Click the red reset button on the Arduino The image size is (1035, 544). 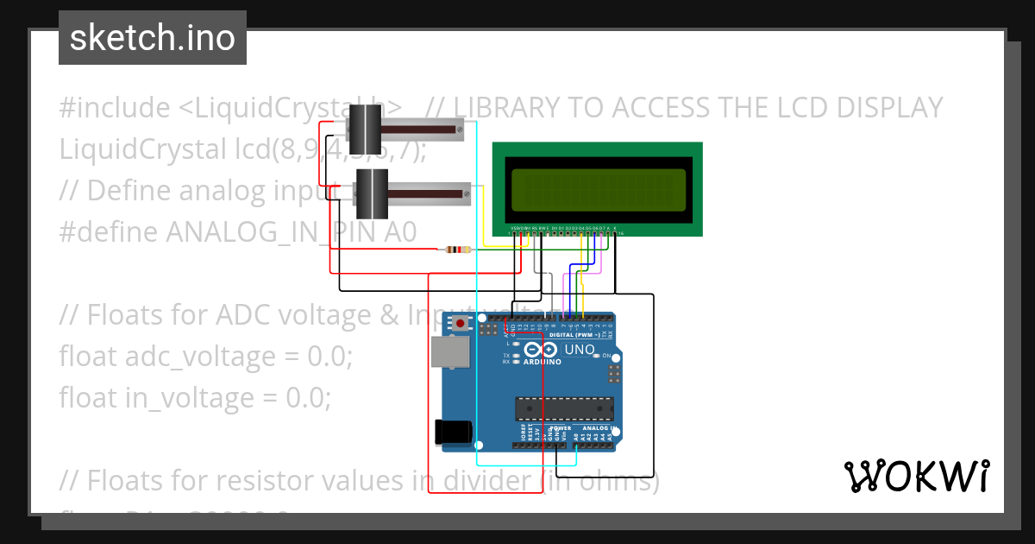point(461,324)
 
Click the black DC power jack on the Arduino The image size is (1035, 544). point(454,432)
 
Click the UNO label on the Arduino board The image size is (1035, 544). point(579,350)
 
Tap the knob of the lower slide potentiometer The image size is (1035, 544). point(373,193)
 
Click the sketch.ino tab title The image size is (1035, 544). point(153,38)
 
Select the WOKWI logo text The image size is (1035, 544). point(916,476)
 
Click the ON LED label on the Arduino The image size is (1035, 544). point(607,356)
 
